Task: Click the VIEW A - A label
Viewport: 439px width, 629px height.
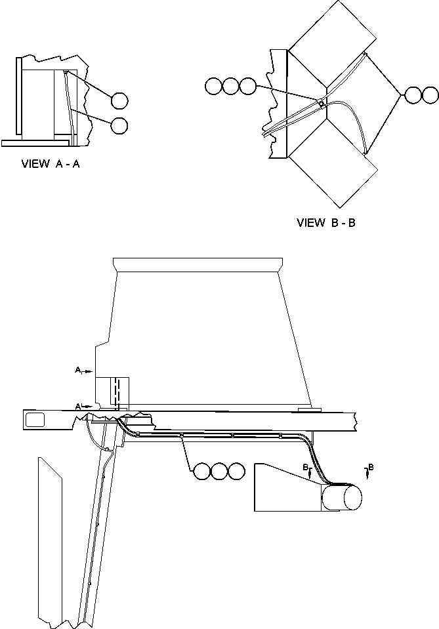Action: coord(51,165)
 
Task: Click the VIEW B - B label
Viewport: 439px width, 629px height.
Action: coord(326,222)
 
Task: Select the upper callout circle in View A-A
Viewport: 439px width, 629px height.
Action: coord(119,100)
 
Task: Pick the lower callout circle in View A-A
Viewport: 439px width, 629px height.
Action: coord(119,125)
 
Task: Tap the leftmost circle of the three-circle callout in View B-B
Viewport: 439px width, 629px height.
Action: coord(213,87)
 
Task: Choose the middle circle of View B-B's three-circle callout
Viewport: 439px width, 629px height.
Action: coord(230,87)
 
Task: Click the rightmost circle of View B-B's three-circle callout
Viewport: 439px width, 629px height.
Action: coord(247,87)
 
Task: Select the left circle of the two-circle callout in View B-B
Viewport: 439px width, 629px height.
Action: coord(413,95)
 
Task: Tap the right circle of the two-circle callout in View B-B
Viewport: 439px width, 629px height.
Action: coord(430,95)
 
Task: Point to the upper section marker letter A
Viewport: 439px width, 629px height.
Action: coord(78,371)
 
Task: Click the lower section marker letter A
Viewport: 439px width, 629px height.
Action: coord(78,407)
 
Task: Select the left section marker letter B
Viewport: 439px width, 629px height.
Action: coord(305,466)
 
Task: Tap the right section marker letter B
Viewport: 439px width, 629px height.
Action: coord(371,466)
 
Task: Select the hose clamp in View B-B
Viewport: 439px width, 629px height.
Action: coord(320,103)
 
